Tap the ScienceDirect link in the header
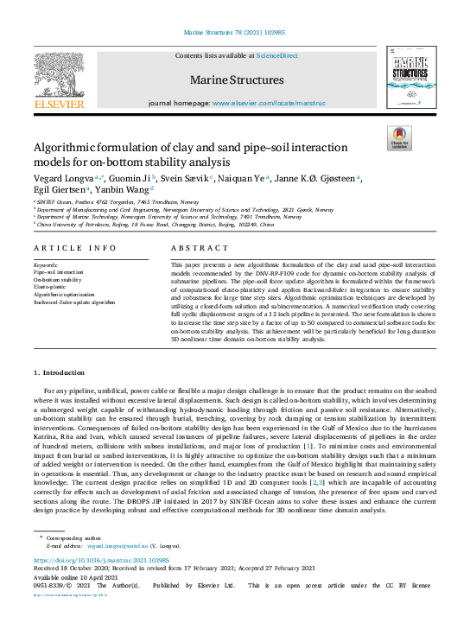coord(276,55)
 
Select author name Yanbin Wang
coord(122,191)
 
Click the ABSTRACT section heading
coord(193,247)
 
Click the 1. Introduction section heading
coord(60,372)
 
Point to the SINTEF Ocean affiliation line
coord(103,201)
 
